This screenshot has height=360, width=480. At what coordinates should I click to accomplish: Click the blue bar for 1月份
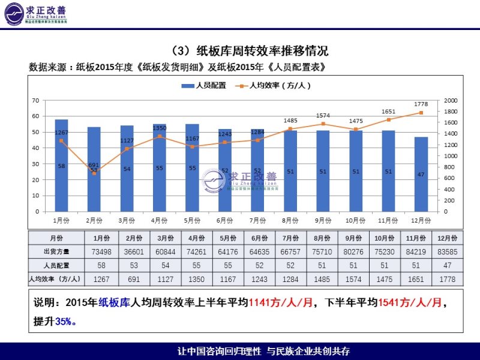61,166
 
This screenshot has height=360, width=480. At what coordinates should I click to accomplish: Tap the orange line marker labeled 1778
421,113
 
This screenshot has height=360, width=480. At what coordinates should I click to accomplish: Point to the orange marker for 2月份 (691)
94,173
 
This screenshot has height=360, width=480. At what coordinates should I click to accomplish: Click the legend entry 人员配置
204,86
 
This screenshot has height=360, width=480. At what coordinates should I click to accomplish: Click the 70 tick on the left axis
36,100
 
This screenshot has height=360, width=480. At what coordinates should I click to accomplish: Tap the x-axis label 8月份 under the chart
290,220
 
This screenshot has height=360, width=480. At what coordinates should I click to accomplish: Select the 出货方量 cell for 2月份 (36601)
101,251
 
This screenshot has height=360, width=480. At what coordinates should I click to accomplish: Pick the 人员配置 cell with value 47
448,265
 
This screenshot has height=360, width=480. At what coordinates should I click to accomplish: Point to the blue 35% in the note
64,322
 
